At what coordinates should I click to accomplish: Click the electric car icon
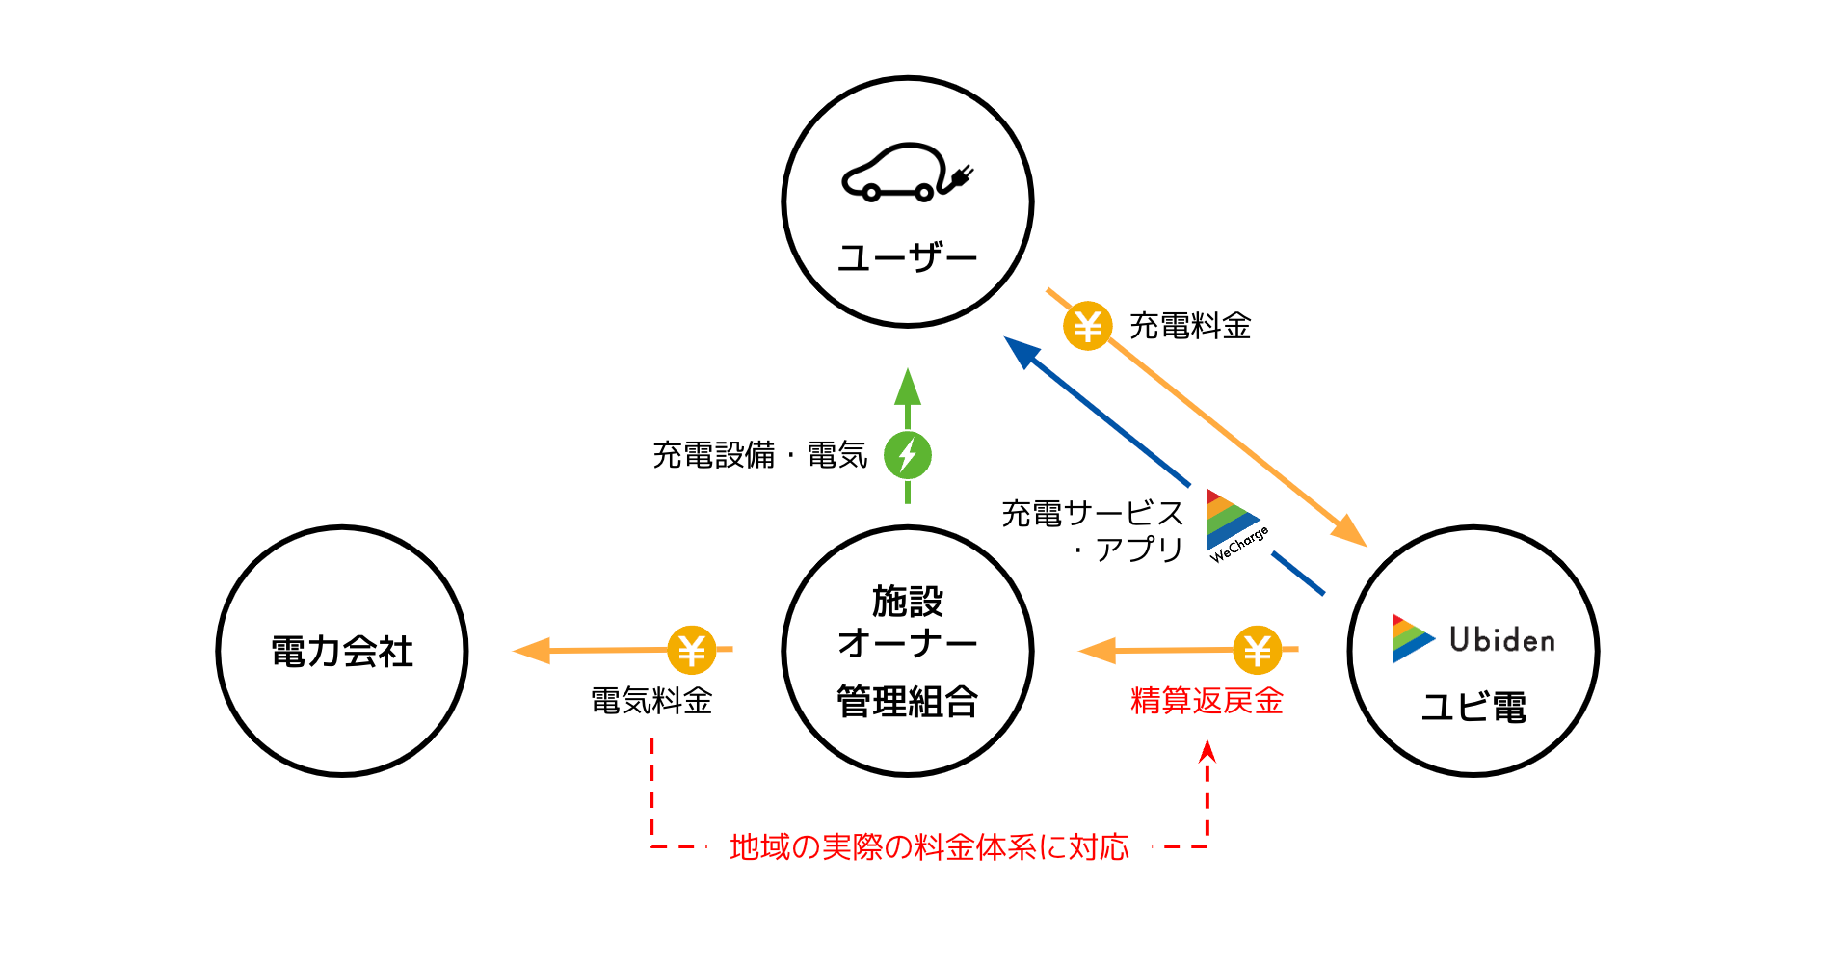pos(906,174)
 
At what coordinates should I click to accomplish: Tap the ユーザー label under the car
pos(907,257)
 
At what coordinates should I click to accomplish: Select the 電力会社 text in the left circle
pos(342,652)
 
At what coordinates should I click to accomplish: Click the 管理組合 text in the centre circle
pos(907,701)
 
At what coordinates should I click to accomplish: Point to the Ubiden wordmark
pos(1501,639)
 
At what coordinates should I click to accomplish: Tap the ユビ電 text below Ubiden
pos(1473,707)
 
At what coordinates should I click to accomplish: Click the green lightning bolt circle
pos(907,455)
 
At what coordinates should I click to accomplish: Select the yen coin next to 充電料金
pos(1087,326)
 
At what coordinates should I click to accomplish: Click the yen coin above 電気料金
pos(691,651)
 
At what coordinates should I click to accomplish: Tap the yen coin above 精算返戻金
pos(1257,651)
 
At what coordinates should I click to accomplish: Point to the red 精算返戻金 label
pos(1207,701)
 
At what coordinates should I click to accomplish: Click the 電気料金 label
pos(651,701)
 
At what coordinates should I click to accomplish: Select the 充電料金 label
pos(1190,326)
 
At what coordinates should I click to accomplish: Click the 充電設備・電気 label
pos(759,455)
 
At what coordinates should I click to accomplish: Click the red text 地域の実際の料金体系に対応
pos(929,846)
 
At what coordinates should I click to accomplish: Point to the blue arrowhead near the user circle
pos(1021,351)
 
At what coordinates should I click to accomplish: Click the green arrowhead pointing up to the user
pos(907,388)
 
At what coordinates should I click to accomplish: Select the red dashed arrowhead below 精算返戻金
pos(1207,752)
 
